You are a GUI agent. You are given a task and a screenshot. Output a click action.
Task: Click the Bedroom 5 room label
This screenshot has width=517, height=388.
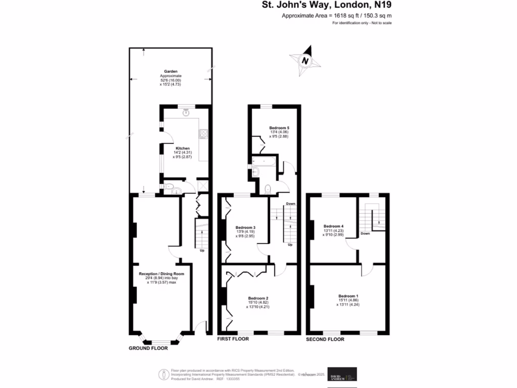coord(279,128)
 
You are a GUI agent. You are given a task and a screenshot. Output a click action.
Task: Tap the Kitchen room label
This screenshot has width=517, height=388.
coord(168,149)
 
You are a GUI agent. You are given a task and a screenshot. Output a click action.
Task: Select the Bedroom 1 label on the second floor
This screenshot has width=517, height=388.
coord(348,296)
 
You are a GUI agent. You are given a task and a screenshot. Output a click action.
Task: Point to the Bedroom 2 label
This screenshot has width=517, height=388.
coord(258,298)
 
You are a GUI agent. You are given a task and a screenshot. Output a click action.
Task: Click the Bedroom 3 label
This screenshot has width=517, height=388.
coord(245,227)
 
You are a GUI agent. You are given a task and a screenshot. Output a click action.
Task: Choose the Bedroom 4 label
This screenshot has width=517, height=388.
coord(334,226)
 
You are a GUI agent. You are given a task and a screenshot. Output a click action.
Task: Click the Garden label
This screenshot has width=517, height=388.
coord(170,72)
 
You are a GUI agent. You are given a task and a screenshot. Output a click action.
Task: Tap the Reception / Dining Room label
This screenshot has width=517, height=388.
coord(162,274)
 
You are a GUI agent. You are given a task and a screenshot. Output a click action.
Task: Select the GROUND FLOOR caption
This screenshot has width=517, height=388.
coord(148,348)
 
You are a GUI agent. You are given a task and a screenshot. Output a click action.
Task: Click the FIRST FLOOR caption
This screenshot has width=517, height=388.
coord(233,339)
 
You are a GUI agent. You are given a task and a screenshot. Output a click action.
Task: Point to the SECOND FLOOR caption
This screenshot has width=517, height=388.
coord(325,339)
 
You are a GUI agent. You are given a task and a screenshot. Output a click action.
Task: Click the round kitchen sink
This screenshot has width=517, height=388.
coord(186,113)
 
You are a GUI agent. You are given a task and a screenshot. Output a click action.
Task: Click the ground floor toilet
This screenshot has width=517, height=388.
coord(170,188)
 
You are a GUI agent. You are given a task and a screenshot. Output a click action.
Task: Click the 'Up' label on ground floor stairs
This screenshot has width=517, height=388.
coord(202,250)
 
